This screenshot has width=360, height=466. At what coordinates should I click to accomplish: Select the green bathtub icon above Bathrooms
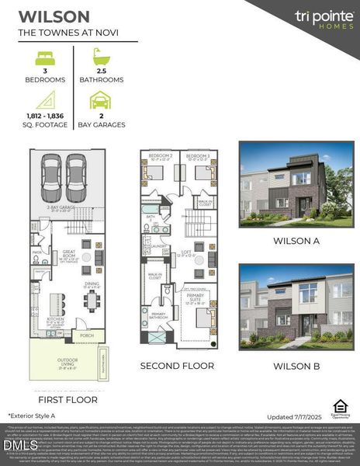click(x=101, y=57)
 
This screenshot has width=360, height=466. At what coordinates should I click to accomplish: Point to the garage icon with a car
click(x=101, y=100)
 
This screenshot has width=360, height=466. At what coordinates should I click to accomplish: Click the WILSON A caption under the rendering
click(x=295, y=241)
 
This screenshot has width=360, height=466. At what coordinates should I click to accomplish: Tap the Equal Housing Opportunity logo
click(x=339, y=407)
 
